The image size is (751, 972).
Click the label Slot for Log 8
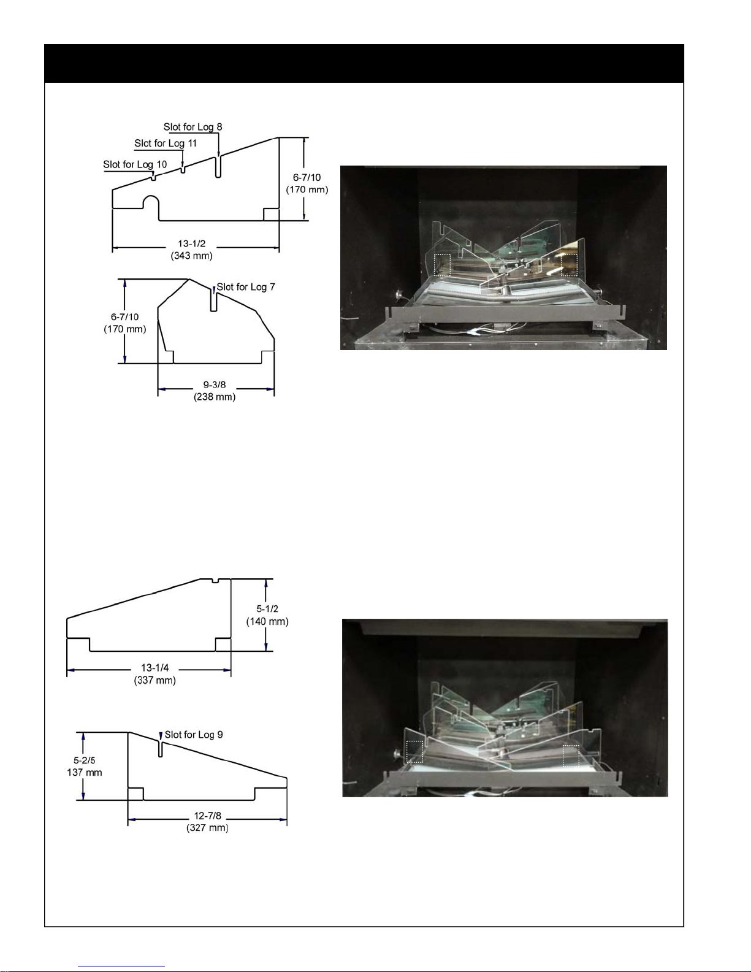193,127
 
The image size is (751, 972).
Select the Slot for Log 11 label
166,144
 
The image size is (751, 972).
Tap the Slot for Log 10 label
134,164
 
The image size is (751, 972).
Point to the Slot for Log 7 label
246,287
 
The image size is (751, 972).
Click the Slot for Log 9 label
194,735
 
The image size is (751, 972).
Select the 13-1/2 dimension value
192,244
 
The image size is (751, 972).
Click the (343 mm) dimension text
191,256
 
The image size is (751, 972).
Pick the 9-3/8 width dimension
215,385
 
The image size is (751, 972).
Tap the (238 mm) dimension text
215,397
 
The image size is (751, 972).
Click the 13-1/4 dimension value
154,668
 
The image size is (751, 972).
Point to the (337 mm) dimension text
154,680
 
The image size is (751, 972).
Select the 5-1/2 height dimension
267,609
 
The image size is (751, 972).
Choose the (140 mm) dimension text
267,621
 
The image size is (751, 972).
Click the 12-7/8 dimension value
207,816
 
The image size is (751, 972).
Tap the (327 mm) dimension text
207,828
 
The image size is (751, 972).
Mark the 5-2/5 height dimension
85,760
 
